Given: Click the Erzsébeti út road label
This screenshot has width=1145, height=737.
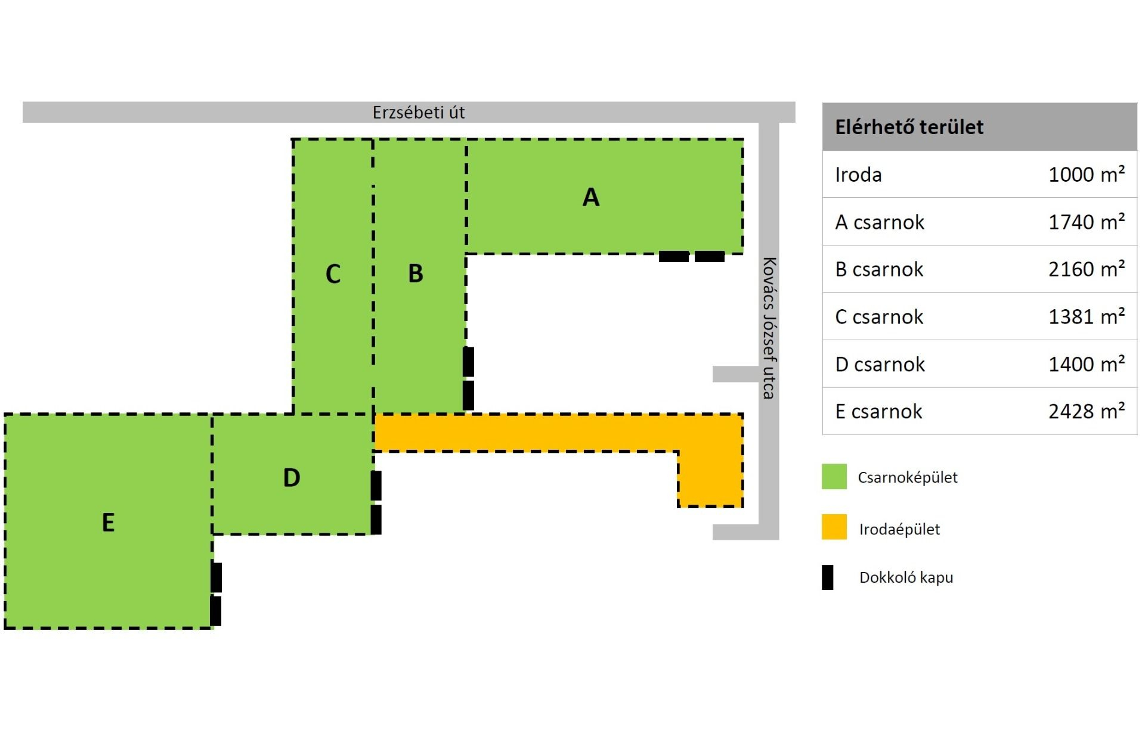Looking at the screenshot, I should [x=419, y=113].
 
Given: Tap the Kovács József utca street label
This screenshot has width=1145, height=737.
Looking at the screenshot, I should [x=769, y=328].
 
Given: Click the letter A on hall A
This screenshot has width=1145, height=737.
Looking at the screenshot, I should [x=590, y=197].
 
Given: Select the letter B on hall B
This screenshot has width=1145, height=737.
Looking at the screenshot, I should [x=416, y=273].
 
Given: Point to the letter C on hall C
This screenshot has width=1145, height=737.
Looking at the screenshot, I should [x=333, y=274].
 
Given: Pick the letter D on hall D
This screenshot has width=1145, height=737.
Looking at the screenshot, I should [x=292, y=478].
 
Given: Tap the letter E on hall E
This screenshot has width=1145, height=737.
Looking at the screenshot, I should [x=108, y=523].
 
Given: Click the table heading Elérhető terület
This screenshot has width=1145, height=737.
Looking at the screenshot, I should [x=909, y=127].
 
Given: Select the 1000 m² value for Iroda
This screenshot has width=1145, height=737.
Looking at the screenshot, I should [x=1087, y=175].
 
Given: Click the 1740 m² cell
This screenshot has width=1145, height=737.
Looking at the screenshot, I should [x=1087, y=222].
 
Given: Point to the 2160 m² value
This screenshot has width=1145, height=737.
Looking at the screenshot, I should [x=1087, y=269].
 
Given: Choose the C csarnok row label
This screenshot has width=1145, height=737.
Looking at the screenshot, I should [x=879, y=317].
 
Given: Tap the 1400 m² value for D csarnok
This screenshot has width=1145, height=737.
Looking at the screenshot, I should [x=1087, y=364].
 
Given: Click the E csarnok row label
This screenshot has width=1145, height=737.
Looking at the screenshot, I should [x=878, y=412].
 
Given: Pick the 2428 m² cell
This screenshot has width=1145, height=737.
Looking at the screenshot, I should [x=1087, y=412].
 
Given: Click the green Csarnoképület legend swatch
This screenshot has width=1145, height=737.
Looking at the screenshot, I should [x=834, y=477].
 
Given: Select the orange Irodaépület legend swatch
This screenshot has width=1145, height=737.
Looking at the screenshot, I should [x=834, y=527].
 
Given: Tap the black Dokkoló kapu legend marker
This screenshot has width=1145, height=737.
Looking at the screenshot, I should [x=828, y=577].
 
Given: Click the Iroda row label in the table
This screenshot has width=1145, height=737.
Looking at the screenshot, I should [x=858, y=175].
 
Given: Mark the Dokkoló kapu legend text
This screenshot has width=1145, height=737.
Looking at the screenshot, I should [x=906, y=577].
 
